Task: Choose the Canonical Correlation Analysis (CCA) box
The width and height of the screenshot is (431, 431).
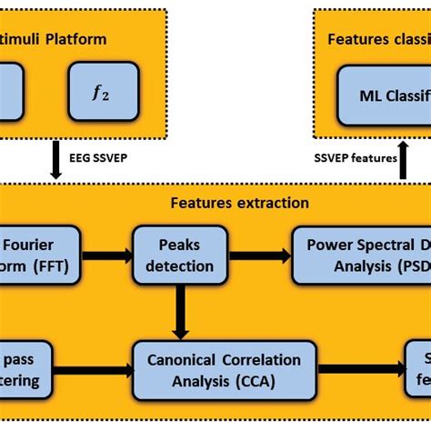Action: [225, 370]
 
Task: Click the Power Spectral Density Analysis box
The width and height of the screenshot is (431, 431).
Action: [362, 256]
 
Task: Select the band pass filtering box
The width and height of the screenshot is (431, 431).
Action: [27, 370]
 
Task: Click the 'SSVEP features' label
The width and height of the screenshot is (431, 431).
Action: [354, 158]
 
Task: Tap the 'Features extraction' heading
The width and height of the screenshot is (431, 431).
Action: [238, 203]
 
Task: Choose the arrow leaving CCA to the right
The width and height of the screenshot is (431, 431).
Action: [362, 369]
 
